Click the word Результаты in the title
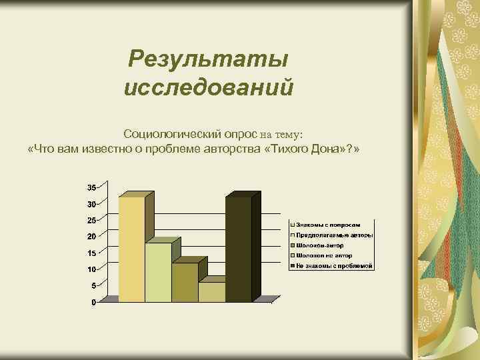click(x=208, y=59)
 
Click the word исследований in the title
click(x=208, y=87)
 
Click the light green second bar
click(x=158, y=272)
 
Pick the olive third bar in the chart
click(x=185, y=282)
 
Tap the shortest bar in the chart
click(x=211, y=291)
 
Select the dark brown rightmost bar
click(x=239, y=249)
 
